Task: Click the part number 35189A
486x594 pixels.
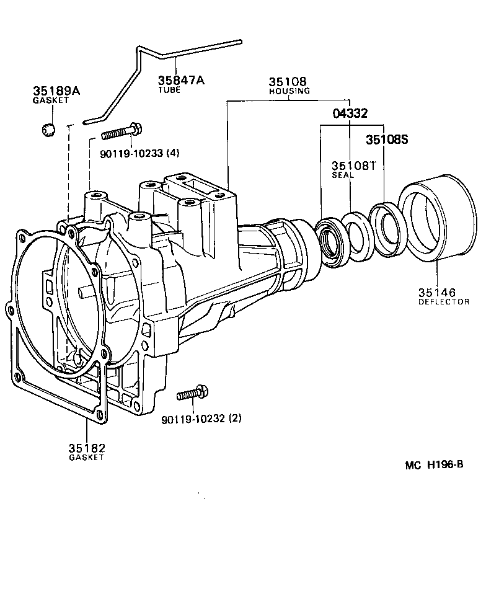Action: coord(56,91)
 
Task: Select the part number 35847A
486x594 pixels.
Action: coord(180,81)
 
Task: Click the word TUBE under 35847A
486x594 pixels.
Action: coord(169,91)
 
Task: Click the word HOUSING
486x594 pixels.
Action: coord(289,91)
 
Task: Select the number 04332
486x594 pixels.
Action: coord(350,113)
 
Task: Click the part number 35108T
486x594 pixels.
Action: coord(354,166)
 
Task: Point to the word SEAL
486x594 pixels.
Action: coord(342,175)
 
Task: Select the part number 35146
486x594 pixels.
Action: coord(436,292)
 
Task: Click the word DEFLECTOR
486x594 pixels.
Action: coord(443,302)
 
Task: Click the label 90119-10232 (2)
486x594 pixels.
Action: coord(201,419)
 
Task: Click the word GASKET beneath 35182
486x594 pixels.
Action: coord(86,458)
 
